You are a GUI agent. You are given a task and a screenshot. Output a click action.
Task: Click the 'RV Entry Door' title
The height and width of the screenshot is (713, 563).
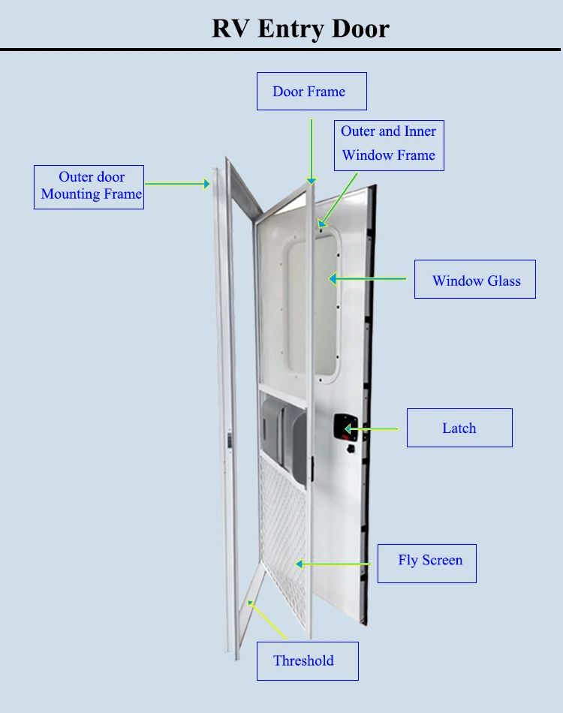300,29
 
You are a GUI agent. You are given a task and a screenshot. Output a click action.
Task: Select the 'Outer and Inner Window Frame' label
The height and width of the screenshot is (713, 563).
388,143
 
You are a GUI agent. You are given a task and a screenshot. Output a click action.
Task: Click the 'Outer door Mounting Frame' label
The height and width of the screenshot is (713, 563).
89,186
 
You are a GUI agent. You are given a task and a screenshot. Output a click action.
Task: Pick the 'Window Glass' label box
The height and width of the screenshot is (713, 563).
474,280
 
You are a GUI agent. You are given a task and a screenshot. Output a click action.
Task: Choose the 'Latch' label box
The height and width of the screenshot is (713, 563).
459,428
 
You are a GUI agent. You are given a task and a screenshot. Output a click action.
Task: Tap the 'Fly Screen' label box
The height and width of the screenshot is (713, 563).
426,563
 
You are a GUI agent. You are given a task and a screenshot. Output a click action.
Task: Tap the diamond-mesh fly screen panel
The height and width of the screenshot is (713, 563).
284,518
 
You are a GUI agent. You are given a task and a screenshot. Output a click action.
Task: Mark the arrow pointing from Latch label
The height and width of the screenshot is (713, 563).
372,429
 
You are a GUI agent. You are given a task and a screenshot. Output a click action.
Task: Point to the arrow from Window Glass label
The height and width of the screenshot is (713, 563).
368,279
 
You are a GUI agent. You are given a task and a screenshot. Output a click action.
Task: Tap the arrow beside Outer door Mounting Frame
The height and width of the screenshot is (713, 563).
177,182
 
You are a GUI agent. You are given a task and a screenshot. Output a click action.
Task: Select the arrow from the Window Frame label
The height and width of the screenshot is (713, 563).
337,196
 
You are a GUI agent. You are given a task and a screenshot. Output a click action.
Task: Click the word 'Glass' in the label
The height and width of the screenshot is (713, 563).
504,281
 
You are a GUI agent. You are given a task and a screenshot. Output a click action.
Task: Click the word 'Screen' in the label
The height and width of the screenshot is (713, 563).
442,561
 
